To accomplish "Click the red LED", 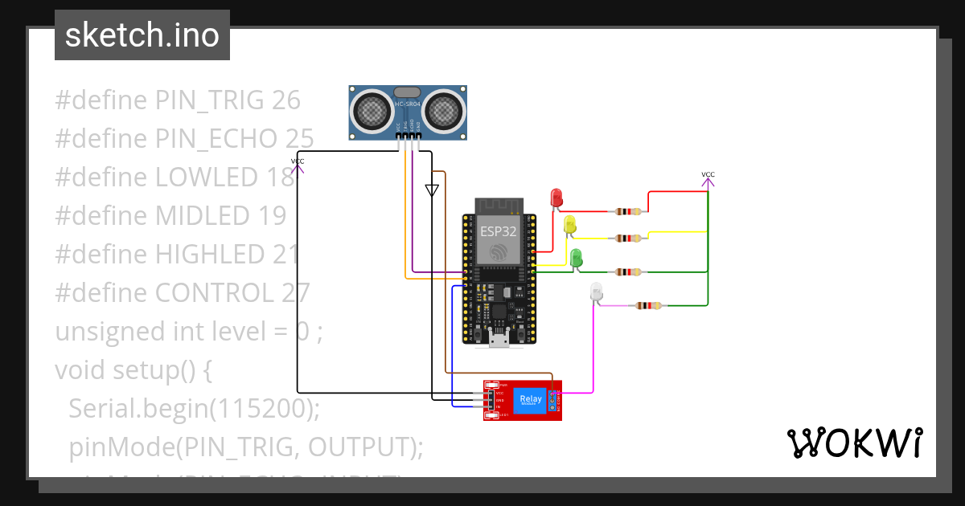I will (556, 197).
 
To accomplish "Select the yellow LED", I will (570, 224).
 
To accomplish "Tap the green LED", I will (576, 258).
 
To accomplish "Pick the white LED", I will (596, 292).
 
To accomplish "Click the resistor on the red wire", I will (628, 212).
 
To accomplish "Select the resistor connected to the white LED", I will (649, 305).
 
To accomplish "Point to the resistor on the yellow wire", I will (628, 238).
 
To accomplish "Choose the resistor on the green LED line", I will (628, 272).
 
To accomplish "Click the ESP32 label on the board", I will (499, 231).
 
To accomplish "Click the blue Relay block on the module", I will (531, 399).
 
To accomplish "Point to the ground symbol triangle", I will (432, 190).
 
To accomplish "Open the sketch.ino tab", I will (142, 35).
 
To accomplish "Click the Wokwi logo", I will (854, 443).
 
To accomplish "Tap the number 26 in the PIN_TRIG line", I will (286, 100).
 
